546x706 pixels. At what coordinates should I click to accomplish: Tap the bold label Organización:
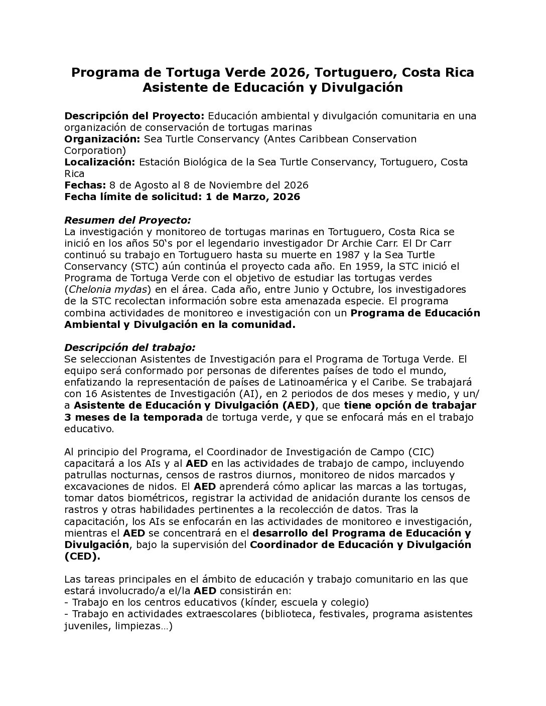[102, 139]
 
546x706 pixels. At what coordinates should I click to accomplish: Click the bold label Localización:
[99, 162]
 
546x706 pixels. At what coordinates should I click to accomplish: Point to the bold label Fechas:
[85, 185]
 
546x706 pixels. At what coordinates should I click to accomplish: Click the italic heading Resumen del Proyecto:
[127, 220]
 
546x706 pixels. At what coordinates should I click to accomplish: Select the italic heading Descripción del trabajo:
[129, 347]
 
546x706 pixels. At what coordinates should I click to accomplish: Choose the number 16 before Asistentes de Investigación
[92, 394]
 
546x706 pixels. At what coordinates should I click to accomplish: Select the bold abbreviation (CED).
[82, 556]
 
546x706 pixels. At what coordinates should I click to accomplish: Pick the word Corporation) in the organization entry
[95, 150]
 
